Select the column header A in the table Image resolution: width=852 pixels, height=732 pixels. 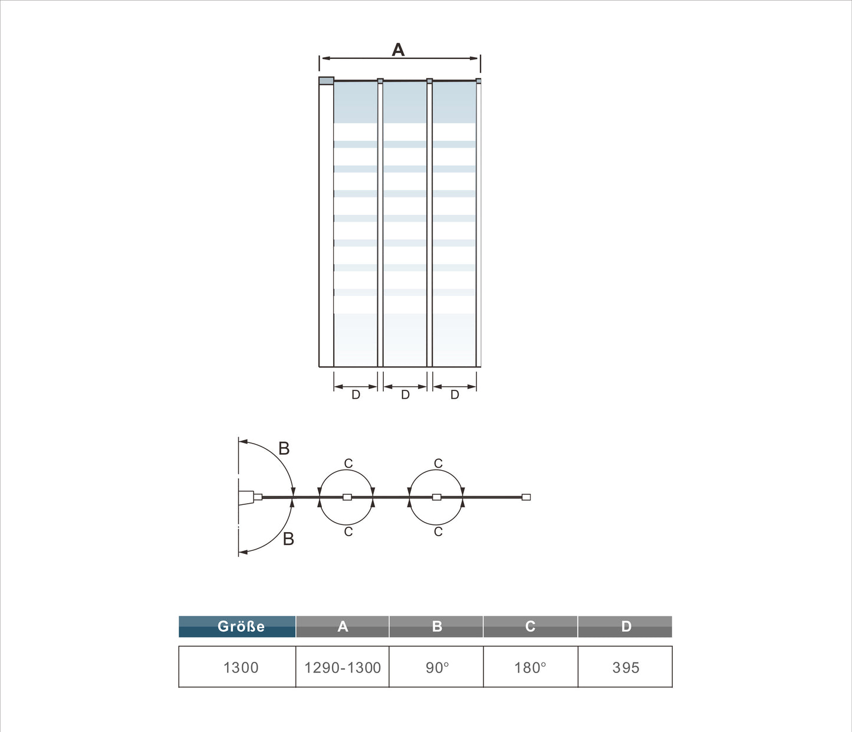click(x=343, y=626)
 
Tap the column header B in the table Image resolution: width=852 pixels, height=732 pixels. click(x=436, y=626)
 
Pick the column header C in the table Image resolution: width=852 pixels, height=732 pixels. click(x=530, y=626)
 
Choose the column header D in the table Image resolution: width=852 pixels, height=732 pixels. click(x=626, y=626)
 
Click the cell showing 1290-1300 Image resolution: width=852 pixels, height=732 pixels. click(x=343, y=667)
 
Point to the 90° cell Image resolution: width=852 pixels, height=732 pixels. click(x=437, y=667)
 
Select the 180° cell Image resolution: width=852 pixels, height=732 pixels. click(x=530, y=667)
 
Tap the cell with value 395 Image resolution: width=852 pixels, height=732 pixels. click(x=626, y=667)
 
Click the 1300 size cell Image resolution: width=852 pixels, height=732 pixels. click(x=241, y=667)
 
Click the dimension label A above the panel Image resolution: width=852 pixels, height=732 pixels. click(x=399, y=50)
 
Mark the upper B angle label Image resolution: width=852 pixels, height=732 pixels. click(x=284, y=449)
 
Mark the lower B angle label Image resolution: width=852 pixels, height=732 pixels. click(x=288, y=539)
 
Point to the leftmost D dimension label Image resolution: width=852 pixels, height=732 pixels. click(x=356, y=395)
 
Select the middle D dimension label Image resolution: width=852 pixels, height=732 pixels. click(x=405, y=395)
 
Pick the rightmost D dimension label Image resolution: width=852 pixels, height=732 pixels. click(x=455, y=395)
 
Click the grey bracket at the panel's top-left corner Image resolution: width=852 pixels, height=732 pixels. click(x=326, y=81)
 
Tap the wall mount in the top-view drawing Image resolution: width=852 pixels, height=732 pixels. click(x=246, y=498)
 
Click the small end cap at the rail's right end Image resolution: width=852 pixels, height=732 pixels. click(x=527, y=497)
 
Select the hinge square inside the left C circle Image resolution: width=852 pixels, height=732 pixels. click(x=347, y=497)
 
